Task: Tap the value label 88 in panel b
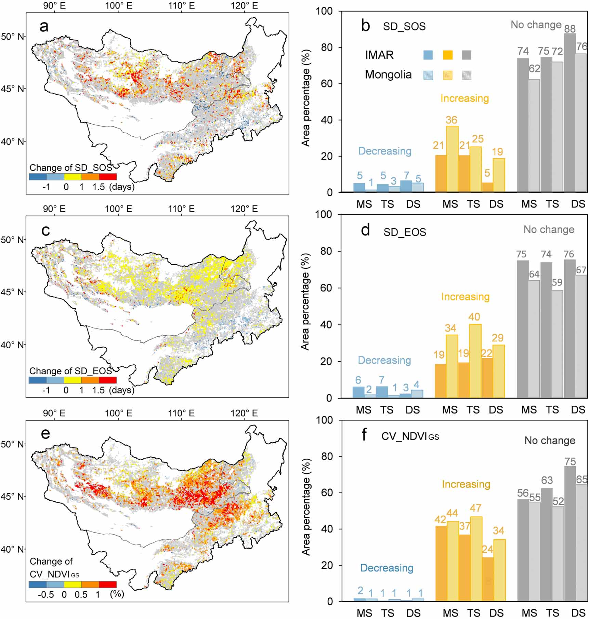[570, 28]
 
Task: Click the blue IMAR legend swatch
[428, 55]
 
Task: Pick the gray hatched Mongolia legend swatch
[467, 75]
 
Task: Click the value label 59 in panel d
[557, 282]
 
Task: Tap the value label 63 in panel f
[547, 480]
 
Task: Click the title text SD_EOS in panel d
[405, 232]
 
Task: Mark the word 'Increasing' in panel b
[464, 98]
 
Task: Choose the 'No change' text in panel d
[549, 230]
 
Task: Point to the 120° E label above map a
[244, 6]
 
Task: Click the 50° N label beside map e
[13, 444]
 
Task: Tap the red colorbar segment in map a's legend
[108, 177]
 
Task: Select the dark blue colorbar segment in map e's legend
[38, 584]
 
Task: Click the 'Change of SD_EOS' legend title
[70, 371]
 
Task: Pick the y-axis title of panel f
[306, 507]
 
